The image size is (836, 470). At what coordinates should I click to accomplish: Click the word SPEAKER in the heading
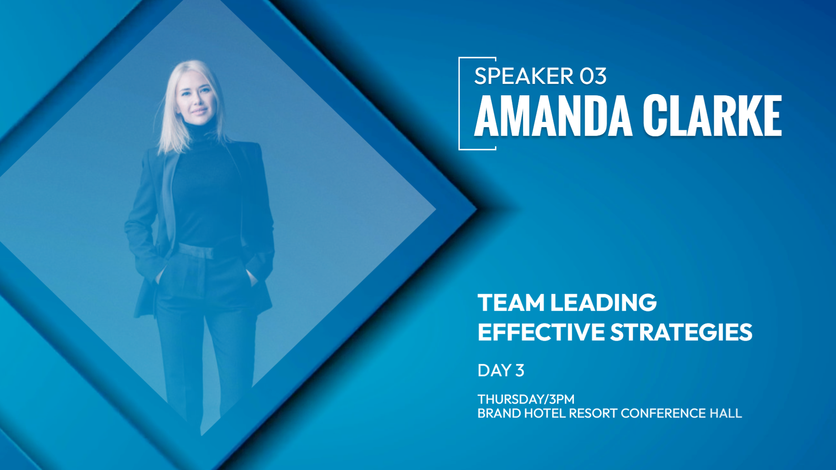(x=524, y=76)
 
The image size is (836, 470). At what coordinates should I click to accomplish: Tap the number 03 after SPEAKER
(x=593, y=76)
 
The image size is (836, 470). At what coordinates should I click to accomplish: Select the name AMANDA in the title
(x=553, y=116)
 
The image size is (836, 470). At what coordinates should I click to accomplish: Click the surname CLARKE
(x=712, y=116)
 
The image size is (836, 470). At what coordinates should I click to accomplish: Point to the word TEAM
(x=511, y=302)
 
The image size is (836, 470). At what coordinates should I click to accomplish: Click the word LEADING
(x=603, y=302)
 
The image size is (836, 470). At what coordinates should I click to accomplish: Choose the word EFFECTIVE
(x=541, y=332)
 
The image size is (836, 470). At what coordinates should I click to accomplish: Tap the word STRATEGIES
(x=681, y=332)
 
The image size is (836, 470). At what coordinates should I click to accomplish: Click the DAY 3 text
(x=501, y=370)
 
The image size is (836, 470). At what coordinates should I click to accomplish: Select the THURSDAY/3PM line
(x=526, y=399)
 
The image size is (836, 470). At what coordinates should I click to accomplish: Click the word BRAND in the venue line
(x=499, y=413)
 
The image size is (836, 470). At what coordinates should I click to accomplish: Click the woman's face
(x=199, y=98)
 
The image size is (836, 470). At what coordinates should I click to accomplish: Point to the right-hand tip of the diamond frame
(x=477, y=209)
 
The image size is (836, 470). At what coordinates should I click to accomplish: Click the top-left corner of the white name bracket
(x=459, y=58)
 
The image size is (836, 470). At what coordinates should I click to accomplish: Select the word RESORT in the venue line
(x=593, y=413)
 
